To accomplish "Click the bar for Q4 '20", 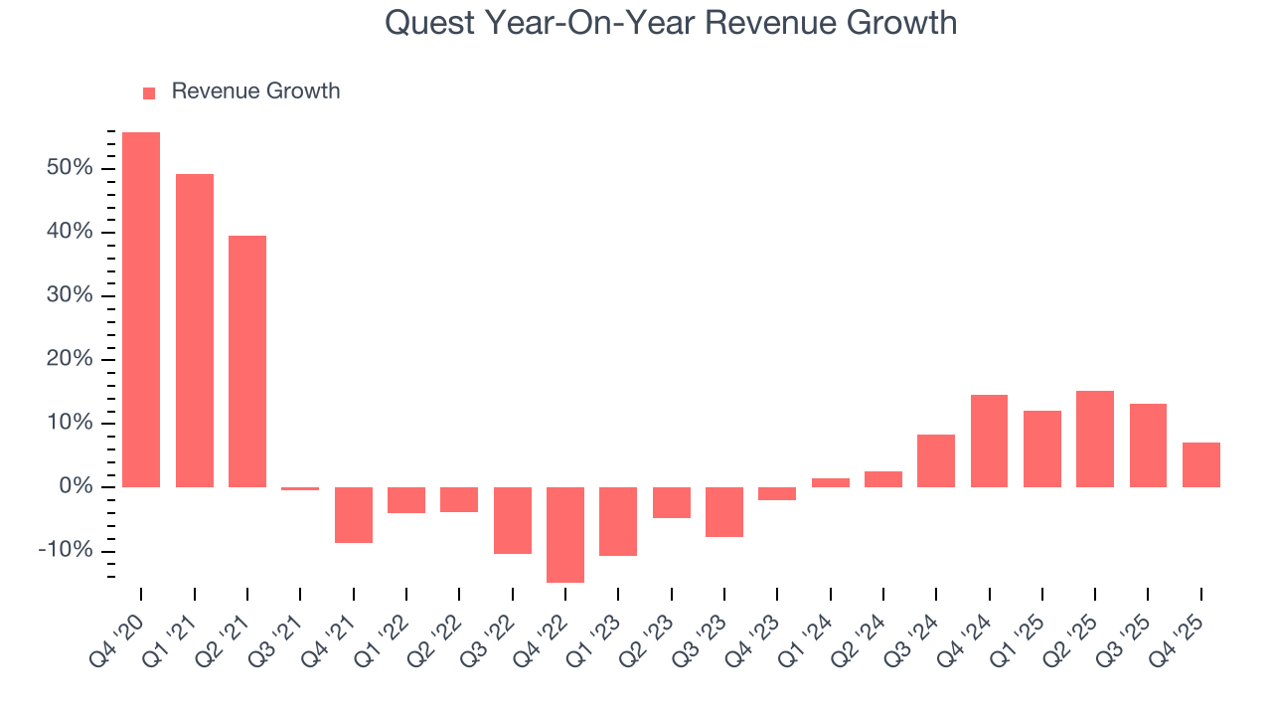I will (x=141, y=309).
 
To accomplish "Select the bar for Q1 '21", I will (x=195, y=330).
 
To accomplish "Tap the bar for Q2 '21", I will (x=247, y=361).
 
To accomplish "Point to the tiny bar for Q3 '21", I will (x=300, y=488).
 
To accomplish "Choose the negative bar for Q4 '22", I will (x=565, y=534).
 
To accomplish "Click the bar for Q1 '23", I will (x=618, y=521).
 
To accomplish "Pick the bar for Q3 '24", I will (x=936, y=460).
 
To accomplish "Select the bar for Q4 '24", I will (x=989, y=441).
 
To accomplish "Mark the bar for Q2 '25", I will (x=1095, y=439).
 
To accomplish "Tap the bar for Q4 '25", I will (x=1200, y=464).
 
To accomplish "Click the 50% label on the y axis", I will (x=69, y=168).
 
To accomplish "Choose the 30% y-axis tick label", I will (x=69, y=295).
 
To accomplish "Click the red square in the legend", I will (x=149, y=92).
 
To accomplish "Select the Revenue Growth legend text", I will (x=255, y=91).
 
